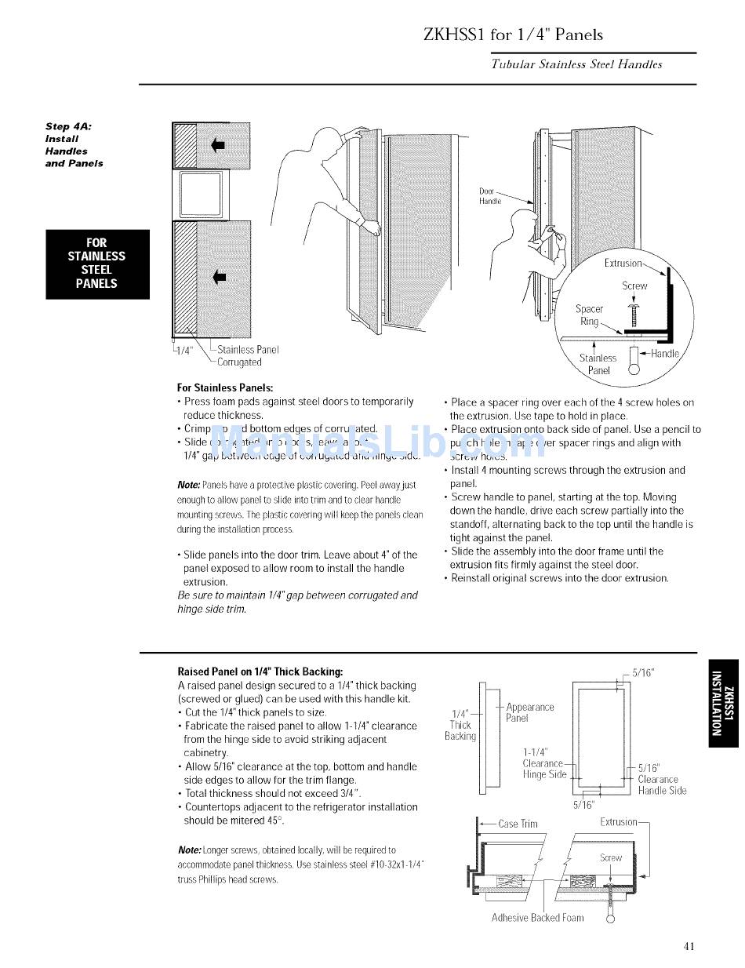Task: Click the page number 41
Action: click(x=689, y=945)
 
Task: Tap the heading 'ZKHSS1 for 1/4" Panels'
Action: click(x=513, y=35)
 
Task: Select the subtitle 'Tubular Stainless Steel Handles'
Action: click(x=576, y=64)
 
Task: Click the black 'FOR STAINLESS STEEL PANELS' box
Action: click(x=97, y=264)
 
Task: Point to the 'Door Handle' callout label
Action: click(x=489, y=196)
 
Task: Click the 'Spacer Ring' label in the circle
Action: click(x=589, y=315)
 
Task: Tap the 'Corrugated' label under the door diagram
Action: click(x=239, y=362)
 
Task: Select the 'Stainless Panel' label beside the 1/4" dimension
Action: click(x=248, y=350)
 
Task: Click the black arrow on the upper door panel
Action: click(x=219, y=144)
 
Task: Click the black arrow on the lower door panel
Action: click(x=219, y=275)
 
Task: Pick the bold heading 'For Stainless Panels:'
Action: click(x=225, y=388)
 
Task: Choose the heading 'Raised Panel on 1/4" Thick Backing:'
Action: click(x=260, y=671)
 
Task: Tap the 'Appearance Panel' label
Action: click(x=529, y=712)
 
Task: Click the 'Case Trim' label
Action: click(x=518, y=824)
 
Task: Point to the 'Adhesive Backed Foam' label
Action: click(x=537, y=917)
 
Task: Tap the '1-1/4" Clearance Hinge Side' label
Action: click(x=543, y=763)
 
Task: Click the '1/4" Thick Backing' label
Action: click(x=460, y=725)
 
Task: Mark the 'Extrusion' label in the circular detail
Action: click(x=623, y=264)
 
